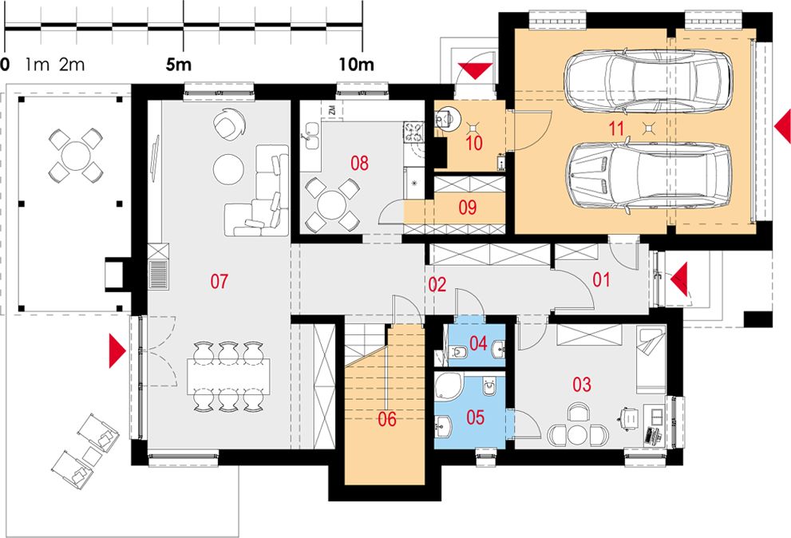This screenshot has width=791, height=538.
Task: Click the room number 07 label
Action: click(220, 281)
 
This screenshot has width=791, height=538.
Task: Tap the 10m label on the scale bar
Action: click(356, 64)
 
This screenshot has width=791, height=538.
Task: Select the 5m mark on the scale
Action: click(179, 64)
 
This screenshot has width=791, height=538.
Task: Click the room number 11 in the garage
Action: click(616, 129)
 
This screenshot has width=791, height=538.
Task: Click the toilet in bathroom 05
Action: click(489, 386)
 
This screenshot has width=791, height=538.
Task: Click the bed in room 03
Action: click(651, 359)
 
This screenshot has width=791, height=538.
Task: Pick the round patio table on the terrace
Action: click(75, 156)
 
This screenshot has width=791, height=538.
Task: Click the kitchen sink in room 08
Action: click(311, 142)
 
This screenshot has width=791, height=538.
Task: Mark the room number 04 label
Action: click(478, 344)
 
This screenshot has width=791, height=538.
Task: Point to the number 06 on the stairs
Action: click(387, 419)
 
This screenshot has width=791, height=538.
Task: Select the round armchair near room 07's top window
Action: click(229, 125)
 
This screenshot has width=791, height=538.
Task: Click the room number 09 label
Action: click(468, 207)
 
